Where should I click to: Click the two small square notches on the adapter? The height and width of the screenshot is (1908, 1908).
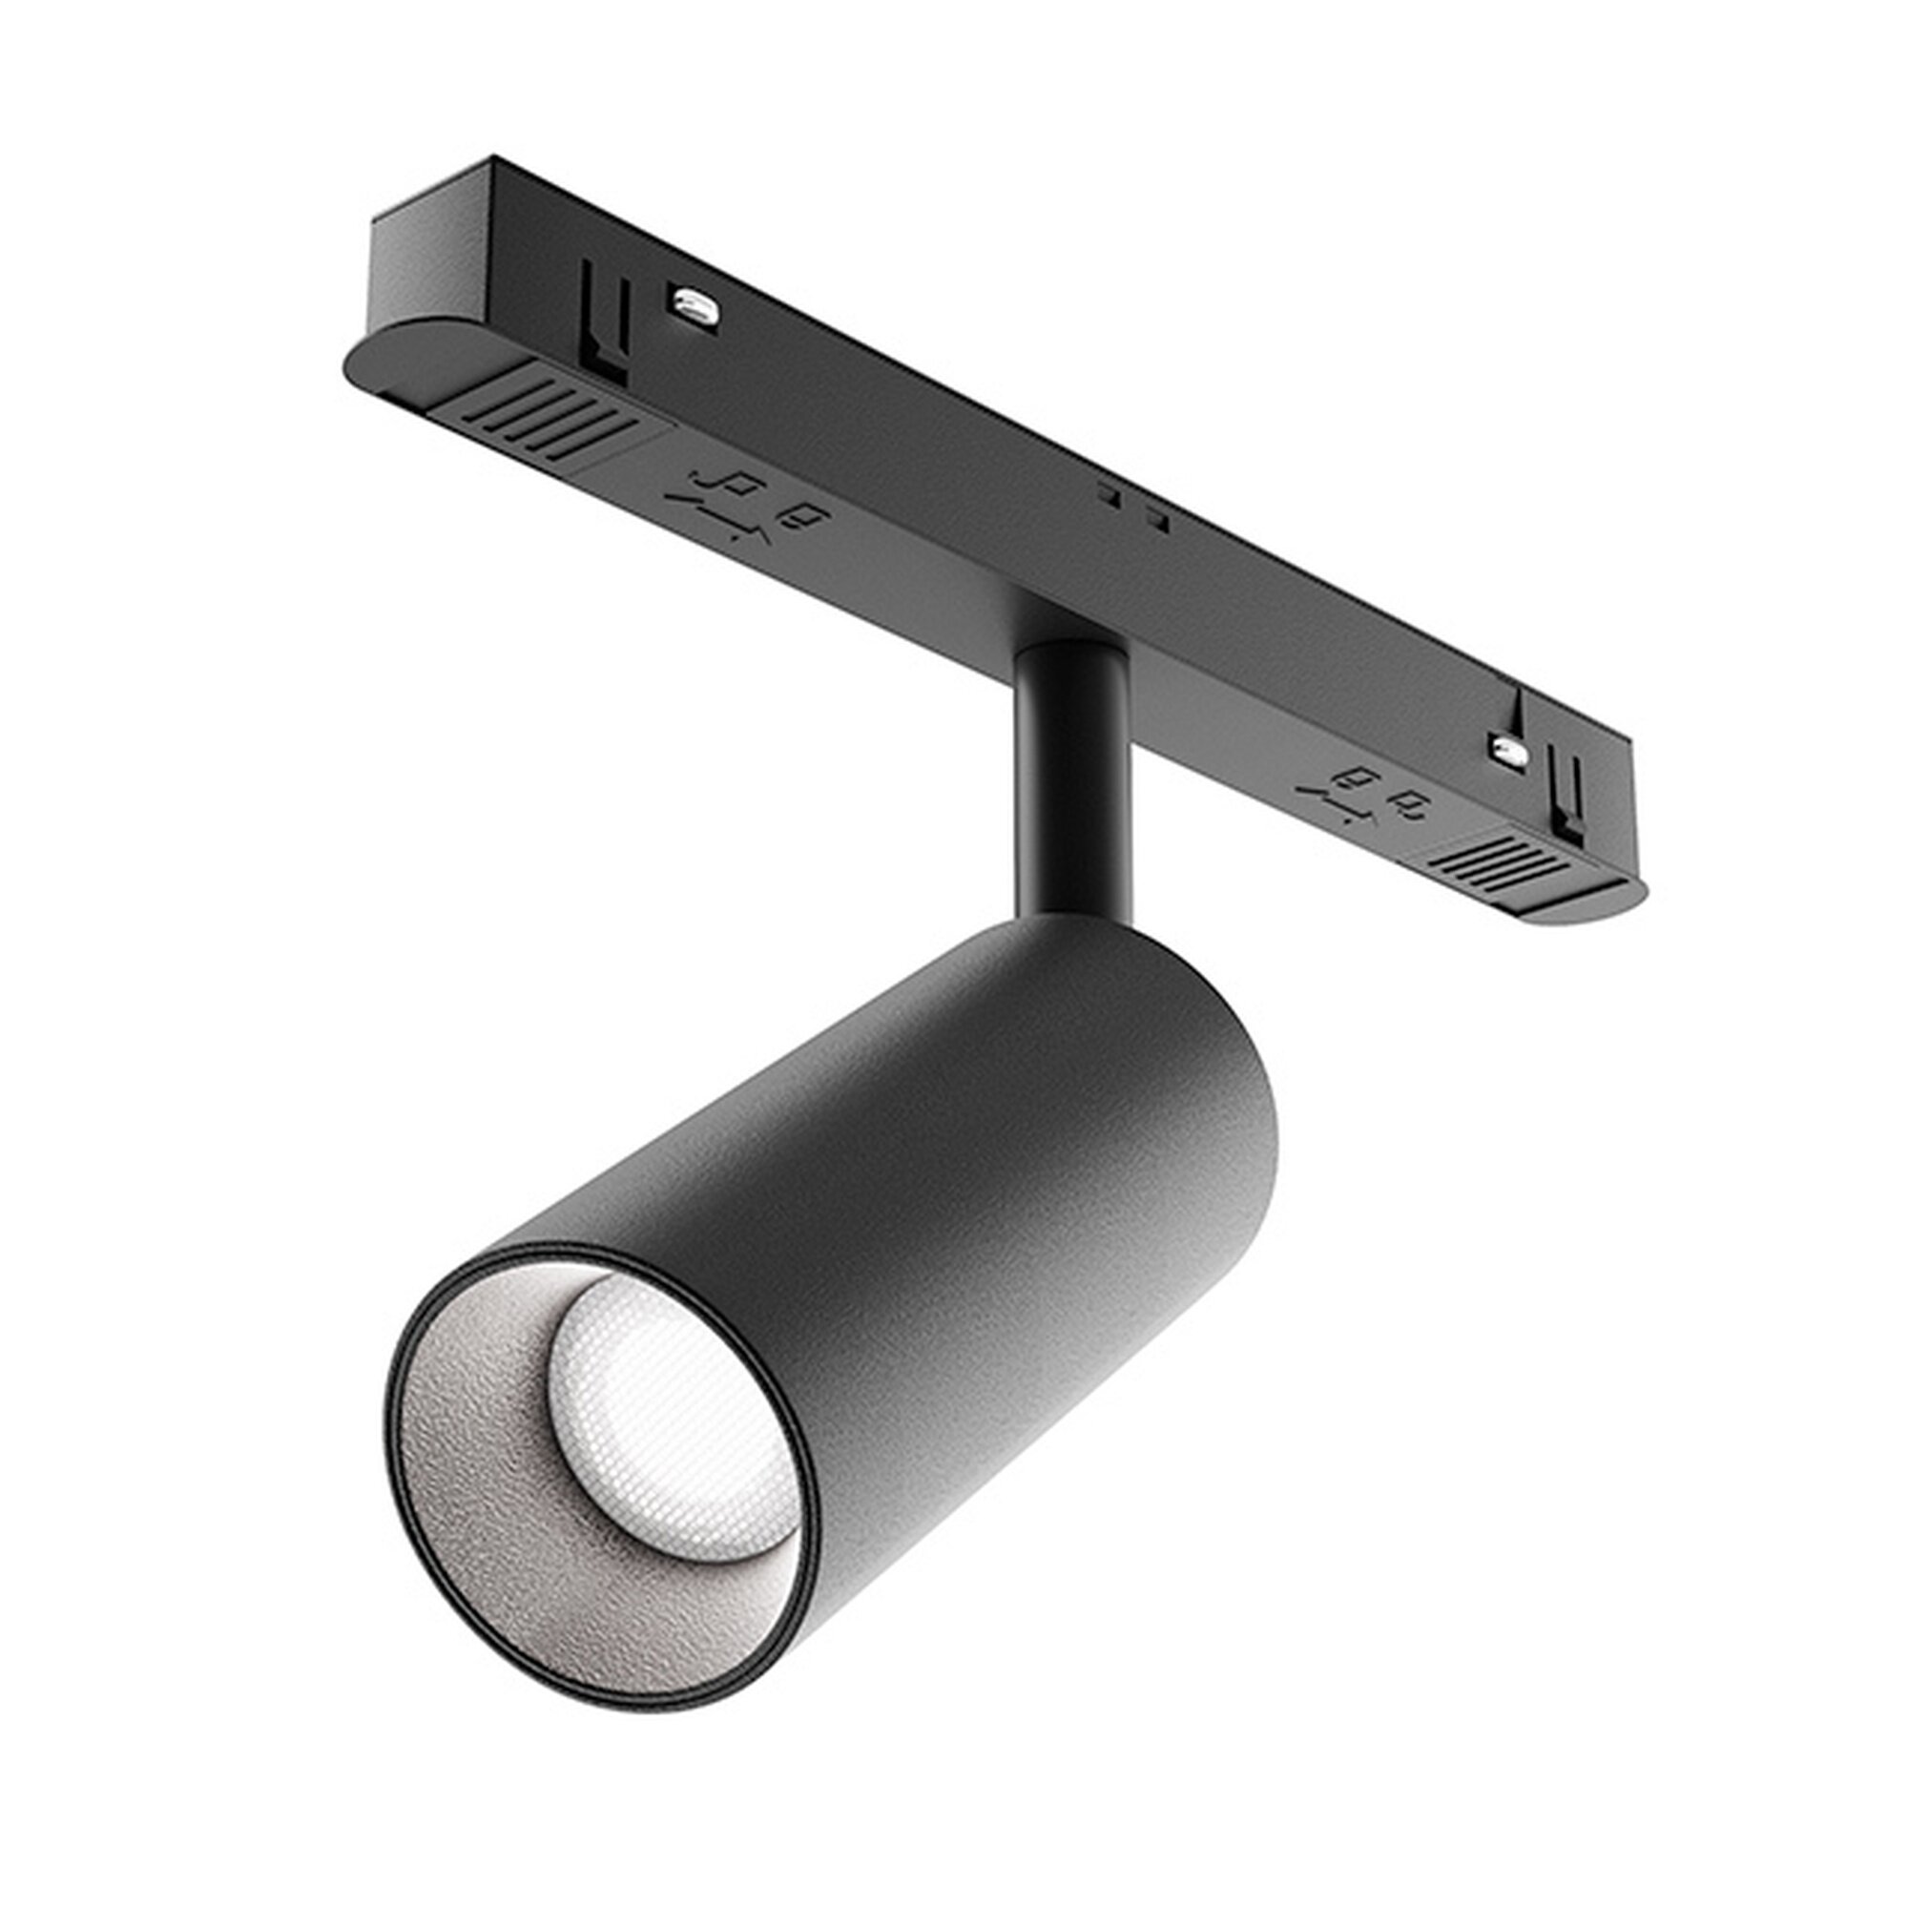click(1131, 504)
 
